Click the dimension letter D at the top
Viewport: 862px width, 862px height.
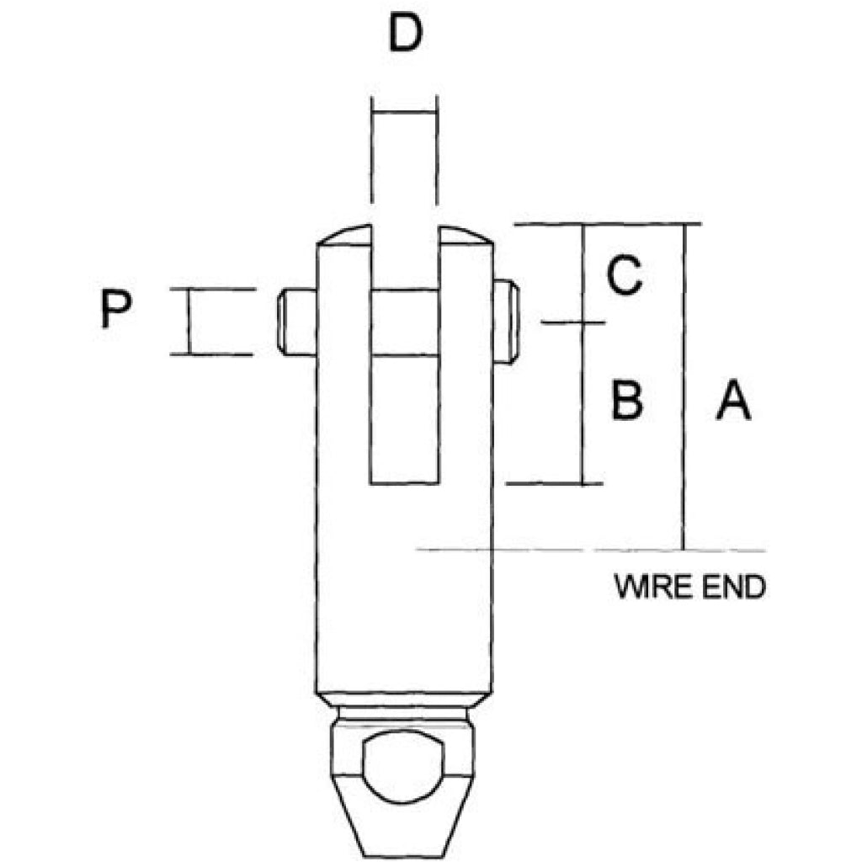(x=406, y=33)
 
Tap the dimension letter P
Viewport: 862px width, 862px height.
(x=116, y=309)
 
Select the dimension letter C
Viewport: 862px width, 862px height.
(x=624, y=275)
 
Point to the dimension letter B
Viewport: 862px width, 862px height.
(x=627, y=400)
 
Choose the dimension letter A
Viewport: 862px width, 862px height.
(x=733, y=400)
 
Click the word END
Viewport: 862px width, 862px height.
(x=728, y=587)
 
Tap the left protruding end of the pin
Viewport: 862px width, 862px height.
(x=297, y=322)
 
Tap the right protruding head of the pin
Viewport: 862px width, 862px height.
(x=506, y=322)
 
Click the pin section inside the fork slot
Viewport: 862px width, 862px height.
(x=405, y=322)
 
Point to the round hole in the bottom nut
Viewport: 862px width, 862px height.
(x=403, y=766)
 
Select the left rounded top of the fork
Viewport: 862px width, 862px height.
(x=344, y=236)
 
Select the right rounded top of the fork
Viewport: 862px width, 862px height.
(x=466, y=236)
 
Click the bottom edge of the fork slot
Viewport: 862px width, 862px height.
(x=405, y=484)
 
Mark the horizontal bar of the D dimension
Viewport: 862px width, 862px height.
(x=404, y=112)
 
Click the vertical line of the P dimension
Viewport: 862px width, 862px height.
(x=189, y=322)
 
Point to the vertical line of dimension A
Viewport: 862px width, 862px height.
(x=684, y=386)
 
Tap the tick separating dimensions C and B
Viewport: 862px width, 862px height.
(x=572, y=322)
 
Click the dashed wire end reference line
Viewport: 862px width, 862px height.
(x=591, y=550)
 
